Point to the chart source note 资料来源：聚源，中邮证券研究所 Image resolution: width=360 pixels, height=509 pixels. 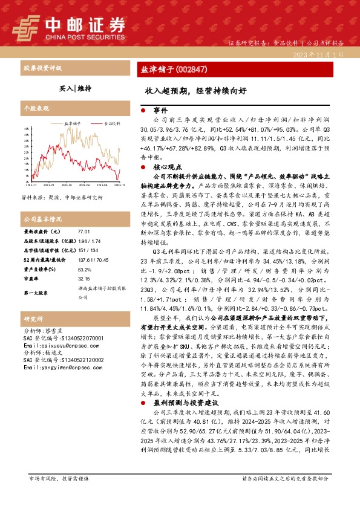[62, 197]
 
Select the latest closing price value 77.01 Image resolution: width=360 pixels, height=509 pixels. [83, 232]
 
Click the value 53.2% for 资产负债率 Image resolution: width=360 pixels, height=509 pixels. [84, 270]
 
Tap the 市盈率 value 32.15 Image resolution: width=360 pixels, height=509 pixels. [83, 279]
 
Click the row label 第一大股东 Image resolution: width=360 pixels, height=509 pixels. [37, 293]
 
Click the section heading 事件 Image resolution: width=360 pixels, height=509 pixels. [160, 111]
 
